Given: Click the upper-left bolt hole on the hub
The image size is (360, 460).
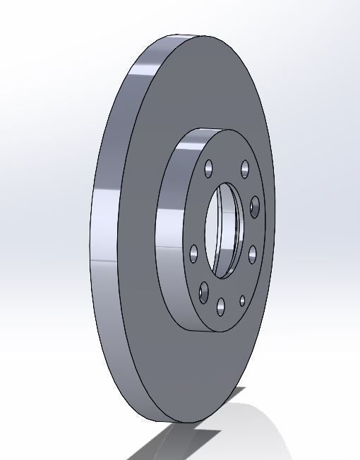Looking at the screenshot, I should point(208,169).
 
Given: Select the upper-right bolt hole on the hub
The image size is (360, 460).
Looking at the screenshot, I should point(245,169).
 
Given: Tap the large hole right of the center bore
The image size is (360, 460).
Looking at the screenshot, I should point(255,206).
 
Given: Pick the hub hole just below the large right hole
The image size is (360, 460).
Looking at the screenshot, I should point(251,253).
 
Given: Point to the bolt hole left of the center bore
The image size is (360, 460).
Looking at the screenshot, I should point(193,252).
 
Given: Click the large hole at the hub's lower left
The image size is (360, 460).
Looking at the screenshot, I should point(205,291).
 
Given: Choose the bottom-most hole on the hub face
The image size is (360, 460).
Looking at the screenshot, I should point(221,305).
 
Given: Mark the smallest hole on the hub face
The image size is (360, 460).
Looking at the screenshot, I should point(242,301).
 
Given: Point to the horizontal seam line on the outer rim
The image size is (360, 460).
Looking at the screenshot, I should point(99,260).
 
